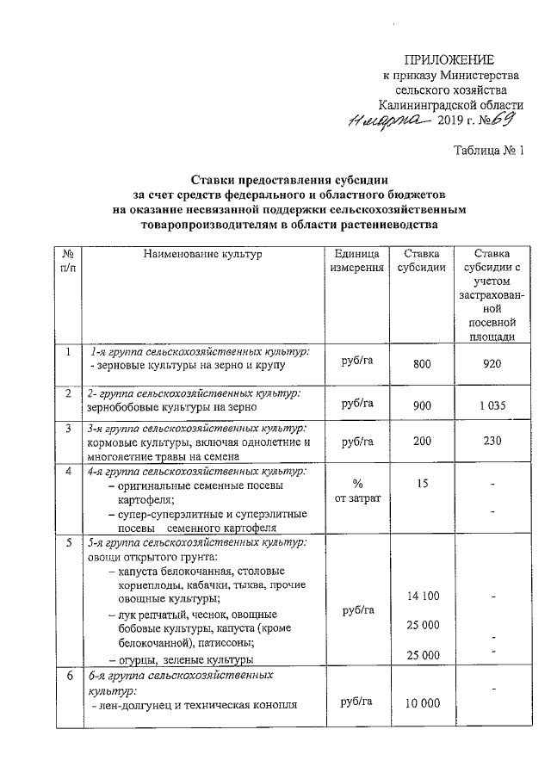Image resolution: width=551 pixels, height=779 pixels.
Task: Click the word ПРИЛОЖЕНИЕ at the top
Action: pos(450,59)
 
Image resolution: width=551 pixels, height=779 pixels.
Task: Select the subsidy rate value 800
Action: pos(421,365)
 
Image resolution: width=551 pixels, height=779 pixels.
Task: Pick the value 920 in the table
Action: pos(492,365)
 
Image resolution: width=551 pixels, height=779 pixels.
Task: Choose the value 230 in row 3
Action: pos(492,442)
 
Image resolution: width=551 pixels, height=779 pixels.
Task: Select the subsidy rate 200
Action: pos(421,442)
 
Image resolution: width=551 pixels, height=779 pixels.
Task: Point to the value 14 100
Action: pos(421,596)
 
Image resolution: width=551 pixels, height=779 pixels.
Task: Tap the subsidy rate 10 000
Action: pos(421,704)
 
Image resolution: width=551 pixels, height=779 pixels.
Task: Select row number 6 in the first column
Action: pos(67,676)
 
